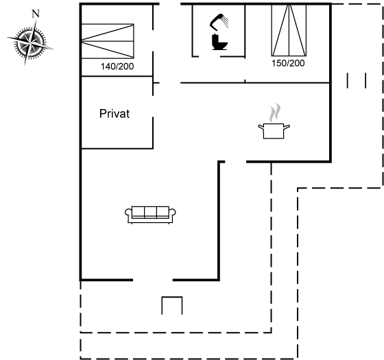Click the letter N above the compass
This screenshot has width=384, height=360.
click(x=36, y=14)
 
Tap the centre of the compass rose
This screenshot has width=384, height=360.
click(x=30, y=43)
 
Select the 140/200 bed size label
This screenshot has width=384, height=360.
click(x=117, y=67)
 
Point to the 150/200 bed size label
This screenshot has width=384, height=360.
click(x=288, y=63)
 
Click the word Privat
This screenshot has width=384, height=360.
click(x=115, y=114)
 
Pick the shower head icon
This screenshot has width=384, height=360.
click(x=219, y=21)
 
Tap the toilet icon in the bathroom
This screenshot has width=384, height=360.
click(x=219, y=43)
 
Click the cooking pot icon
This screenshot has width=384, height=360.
click(x=274, y=131)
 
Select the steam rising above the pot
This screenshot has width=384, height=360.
click(x=275, y=112)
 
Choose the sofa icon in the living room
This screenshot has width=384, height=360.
click(x=150, y=215)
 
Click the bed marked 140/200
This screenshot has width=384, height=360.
click(x=108, y=41)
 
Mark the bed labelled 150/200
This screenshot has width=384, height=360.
click(x=289, y=30)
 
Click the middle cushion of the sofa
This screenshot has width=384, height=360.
click(x=150, y=212)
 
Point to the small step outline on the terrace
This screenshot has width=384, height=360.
click(x=172, y=305)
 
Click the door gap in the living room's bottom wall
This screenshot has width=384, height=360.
click(x=153, y=280)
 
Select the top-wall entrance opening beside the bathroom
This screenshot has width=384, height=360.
click(x=170, y=4)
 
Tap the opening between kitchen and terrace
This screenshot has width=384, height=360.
click(x=236, y=162)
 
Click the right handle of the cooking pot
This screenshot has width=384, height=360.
click(x=287, y=126)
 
